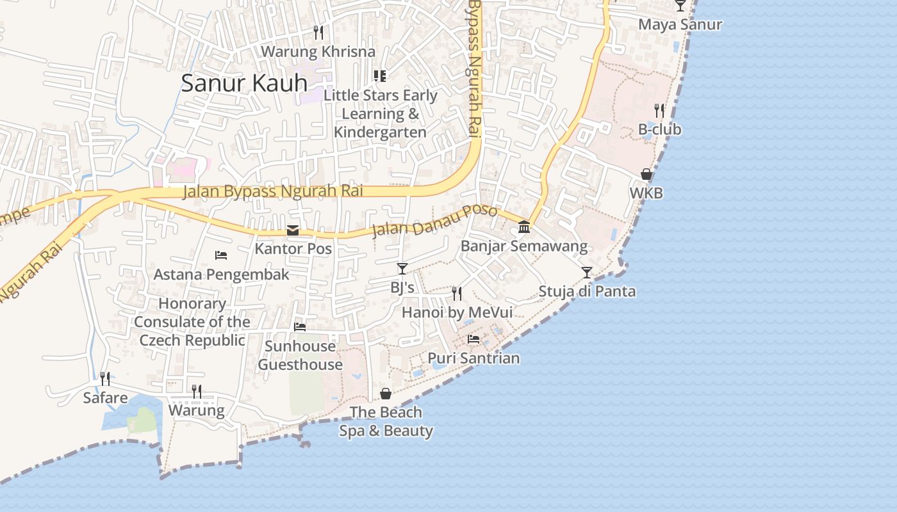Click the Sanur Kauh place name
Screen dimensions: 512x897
(244, 83)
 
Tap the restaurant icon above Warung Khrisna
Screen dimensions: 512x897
(318, 32)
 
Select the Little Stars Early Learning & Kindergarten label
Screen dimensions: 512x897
(380, 114)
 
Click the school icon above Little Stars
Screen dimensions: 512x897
(380, 76)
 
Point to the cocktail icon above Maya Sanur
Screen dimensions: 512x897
(680, 6)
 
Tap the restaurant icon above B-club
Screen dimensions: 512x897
(659, 111)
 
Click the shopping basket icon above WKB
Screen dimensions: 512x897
(646, 174)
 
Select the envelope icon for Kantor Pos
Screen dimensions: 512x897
(293, 230)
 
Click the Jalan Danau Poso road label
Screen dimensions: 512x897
(434, 220)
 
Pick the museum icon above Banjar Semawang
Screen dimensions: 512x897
(524, 227)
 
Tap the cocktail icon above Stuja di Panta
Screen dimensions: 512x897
(587, 273)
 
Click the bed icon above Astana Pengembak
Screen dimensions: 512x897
(221, 255)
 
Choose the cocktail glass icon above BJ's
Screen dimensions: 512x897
(402, 269)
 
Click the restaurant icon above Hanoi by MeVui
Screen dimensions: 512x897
(457, 294)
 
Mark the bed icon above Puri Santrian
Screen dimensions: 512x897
(473, 339)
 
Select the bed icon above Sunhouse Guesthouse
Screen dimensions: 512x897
(300, 327)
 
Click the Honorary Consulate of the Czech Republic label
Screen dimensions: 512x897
(192, 322)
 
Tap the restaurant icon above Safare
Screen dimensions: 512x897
(105, 379)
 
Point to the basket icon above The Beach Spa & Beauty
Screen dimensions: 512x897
(386, 394)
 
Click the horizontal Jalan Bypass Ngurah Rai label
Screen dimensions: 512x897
(273, 191)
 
